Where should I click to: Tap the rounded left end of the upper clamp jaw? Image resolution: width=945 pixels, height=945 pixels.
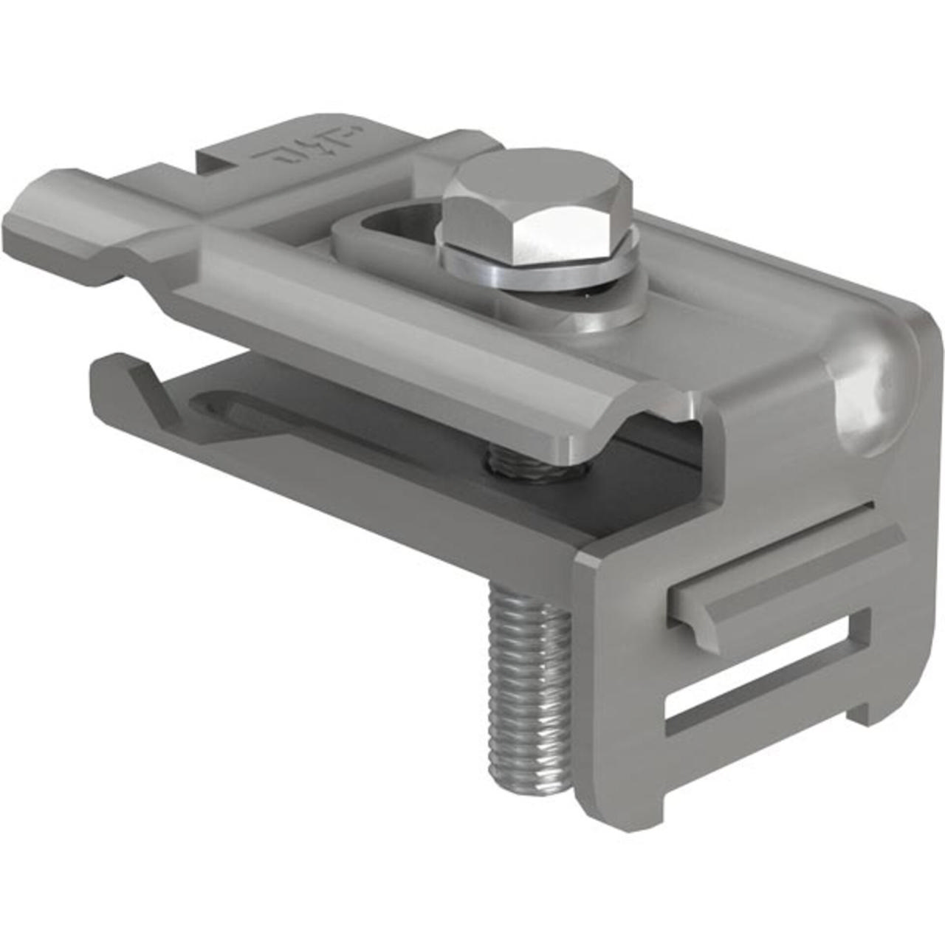pyautogui.click(x=30, y=221)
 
